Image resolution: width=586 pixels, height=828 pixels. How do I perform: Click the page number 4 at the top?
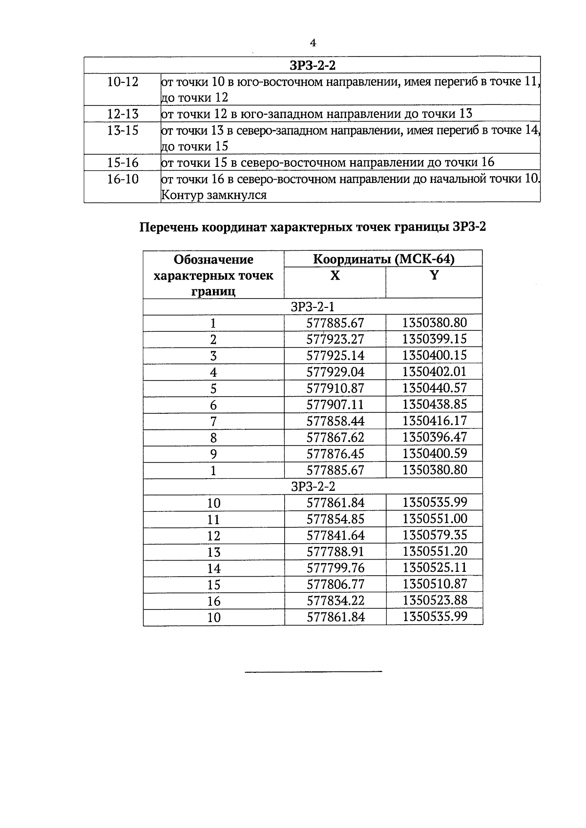(313, 43)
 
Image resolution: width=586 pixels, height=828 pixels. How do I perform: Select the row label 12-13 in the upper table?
(123, 114)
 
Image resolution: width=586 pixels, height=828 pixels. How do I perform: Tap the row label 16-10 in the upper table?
(123, 179)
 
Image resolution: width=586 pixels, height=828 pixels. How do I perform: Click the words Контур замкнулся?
(213, 195)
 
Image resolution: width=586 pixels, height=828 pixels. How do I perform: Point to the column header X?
(335, 276)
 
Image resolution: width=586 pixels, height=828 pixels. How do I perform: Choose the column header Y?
(434, 275)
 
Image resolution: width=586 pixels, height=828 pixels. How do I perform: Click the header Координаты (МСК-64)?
(383, 259)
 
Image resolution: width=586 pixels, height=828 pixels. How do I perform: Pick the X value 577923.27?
(335, 339)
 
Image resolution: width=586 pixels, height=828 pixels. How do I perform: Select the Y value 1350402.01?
(434, 372)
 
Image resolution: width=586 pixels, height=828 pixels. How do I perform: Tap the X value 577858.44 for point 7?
(335, 421)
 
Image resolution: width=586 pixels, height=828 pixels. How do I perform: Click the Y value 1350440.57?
(434, 388)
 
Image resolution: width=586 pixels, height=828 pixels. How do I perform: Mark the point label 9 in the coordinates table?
(213, 454)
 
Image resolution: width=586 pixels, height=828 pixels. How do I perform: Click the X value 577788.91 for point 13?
(335, 551)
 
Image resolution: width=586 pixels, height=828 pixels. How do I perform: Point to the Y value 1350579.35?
(434, 535)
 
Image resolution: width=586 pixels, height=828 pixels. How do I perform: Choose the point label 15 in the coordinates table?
(213, 585)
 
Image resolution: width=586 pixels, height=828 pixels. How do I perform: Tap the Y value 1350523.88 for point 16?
(434, 600)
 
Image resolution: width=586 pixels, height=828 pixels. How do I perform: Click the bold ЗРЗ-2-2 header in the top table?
(313, 65)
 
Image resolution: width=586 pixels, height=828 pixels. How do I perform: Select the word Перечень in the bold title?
(168, 227)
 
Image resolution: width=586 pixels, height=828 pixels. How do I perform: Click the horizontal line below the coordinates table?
(313, 672)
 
